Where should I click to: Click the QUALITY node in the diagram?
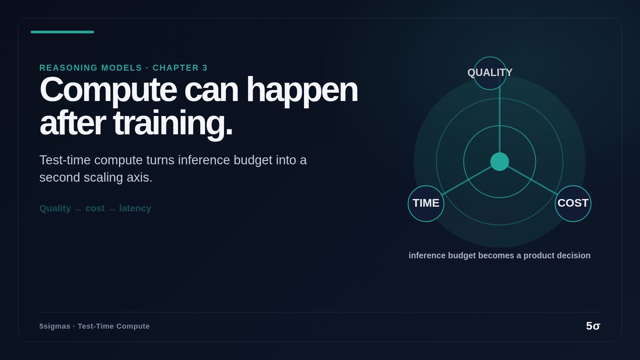coord(490,73)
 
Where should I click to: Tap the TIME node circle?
coord(426,204)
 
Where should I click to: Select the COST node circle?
coord(573,204)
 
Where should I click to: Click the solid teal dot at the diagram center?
coord(500,162)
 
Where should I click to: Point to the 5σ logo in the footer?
coord(593,326)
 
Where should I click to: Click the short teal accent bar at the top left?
coord(62,32)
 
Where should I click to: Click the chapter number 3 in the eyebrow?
coord(205,68)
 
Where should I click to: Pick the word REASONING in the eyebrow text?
coord(68,68)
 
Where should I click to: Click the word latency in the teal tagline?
coord(135,208)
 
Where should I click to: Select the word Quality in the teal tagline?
coord(55,208)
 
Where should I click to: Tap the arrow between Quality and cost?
coord(78,209)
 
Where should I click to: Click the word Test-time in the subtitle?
coord(65,160)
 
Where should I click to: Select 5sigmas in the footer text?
coord(55,326)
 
